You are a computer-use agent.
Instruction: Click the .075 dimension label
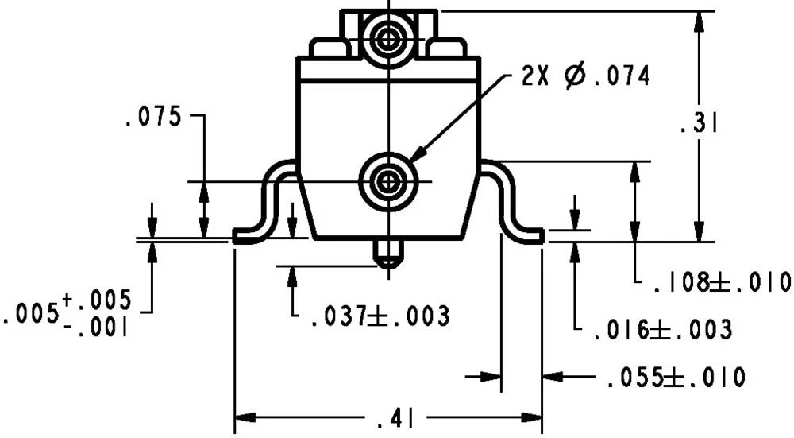(152, 118)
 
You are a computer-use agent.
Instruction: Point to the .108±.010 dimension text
(722, 281)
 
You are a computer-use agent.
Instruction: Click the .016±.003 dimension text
(662, 329)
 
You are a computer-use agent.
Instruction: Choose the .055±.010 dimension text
(675, 378)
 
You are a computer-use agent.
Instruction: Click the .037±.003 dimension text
(380, 316)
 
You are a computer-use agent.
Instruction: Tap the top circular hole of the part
(388, 37)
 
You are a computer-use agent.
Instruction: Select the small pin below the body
(388, 254)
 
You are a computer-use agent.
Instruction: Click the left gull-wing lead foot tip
(238, 237)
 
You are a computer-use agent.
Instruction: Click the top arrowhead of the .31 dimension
(698, 21)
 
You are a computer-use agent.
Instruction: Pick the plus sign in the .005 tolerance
(67, 300)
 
